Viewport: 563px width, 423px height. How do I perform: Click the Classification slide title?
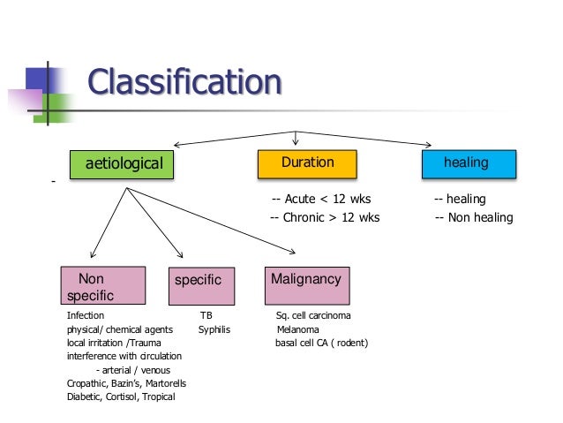tap(184, 84)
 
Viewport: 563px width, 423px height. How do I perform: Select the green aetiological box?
tap(123, 164)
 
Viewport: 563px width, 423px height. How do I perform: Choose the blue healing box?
tap(466, 163)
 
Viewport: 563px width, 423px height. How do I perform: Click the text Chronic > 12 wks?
tap(324, 218)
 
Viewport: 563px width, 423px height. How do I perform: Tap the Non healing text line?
tap(474, 218)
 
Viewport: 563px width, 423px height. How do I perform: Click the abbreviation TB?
tap(206, 315)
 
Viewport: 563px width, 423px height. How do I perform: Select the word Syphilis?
tap(214, 329)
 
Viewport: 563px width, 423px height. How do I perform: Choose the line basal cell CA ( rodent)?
tap(321, 343)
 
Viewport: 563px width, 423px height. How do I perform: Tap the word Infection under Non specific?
tap(86, 315)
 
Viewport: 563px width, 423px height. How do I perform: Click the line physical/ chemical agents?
tap(120, 329)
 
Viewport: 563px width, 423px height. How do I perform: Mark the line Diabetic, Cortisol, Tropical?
tap(121, 397)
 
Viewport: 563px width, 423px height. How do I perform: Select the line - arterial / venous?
tap(132, 370)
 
